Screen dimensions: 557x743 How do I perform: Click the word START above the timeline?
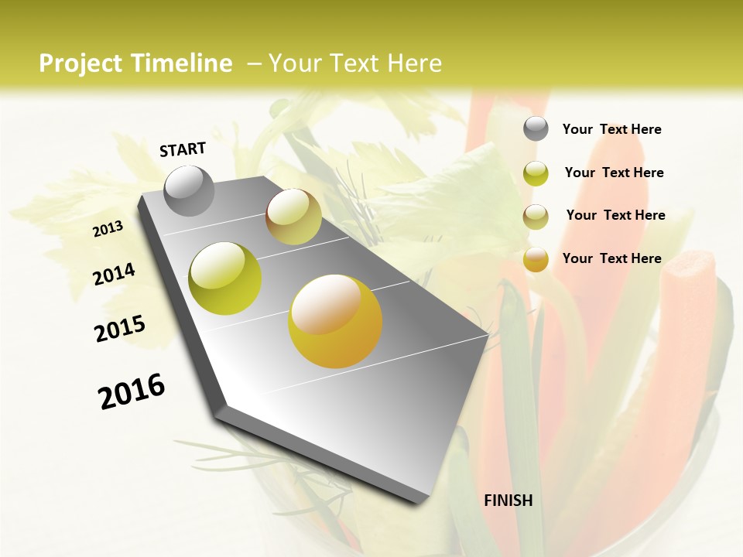click(183, 149)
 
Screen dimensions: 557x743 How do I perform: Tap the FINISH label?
click(508, 501)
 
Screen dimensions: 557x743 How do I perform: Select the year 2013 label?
click(108, 228)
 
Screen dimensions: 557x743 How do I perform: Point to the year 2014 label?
click(114, 274)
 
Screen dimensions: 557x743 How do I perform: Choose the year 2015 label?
click(120, 329)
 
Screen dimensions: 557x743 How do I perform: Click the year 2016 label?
click(132, 391)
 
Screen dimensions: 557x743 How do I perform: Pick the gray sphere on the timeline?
click(190, 190)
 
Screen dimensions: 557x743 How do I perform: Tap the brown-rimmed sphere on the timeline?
click(293, 217)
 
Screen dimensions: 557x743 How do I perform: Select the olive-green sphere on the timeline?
click(225, 278)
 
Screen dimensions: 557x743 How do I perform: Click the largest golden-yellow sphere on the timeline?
click(335, 321)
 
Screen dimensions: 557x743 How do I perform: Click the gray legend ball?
click(536, 128)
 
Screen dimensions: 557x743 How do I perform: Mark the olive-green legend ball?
click(536, 173)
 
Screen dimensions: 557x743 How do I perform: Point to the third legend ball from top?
click(536, 217)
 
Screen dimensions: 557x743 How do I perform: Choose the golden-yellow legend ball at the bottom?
click(536, 259)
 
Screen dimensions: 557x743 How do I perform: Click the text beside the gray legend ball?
click(611, 129)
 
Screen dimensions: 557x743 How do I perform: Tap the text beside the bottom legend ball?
click(611, 258)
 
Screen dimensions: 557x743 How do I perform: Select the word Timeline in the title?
click(183, 63)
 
